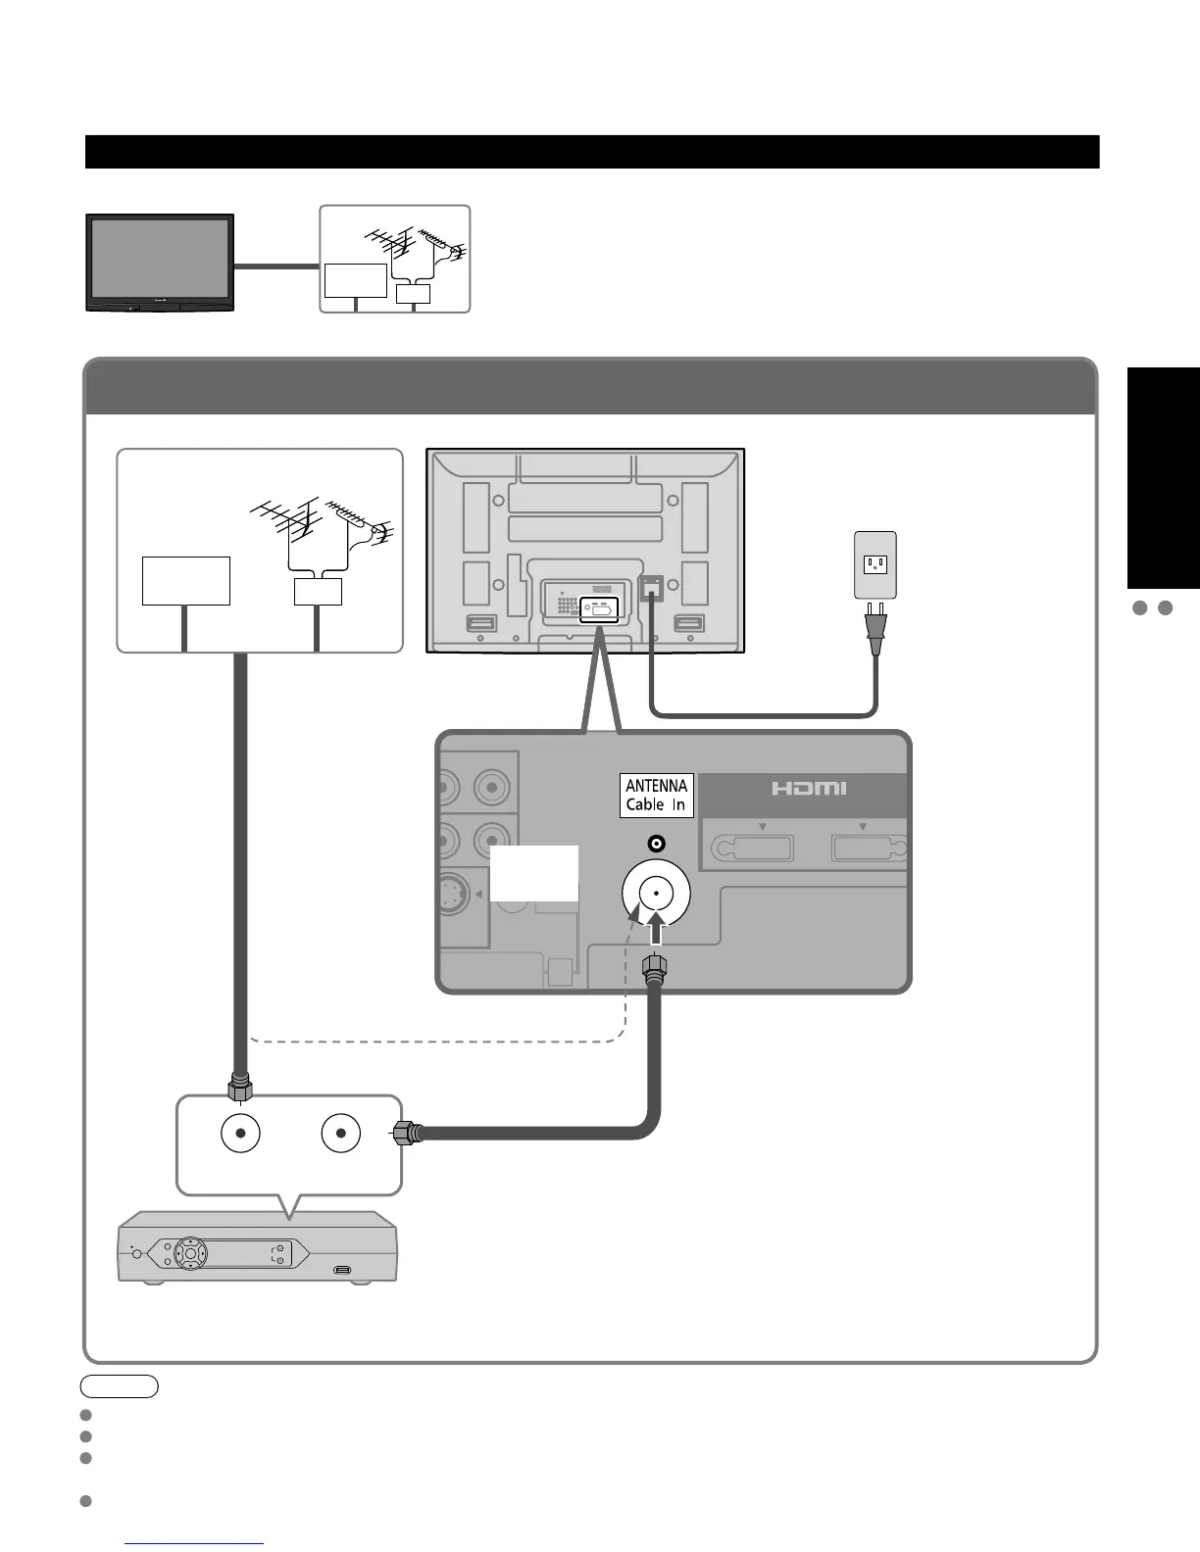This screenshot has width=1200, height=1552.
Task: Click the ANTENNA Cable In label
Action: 656,796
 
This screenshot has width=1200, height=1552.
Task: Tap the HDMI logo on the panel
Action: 808,789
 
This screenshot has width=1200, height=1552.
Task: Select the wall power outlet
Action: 875,564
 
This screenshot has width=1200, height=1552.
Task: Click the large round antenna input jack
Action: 656,893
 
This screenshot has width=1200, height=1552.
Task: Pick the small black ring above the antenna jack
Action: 656,844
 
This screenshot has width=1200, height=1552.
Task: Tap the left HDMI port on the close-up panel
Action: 751,848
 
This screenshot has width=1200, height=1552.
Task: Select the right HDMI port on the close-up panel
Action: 868,848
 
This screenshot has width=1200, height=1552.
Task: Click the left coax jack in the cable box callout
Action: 240,1134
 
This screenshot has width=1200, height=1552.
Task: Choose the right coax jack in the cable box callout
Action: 340,1134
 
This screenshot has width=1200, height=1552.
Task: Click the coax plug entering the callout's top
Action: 239,1088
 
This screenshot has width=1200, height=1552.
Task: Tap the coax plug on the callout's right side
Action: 410,1134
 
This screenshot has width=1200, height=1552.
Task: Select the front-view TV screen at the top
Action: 160,258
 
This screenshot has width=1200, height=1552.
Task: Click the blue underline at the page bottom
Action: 195,1544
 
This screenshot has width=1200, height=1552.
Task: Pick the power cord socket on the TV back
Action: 651,588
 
